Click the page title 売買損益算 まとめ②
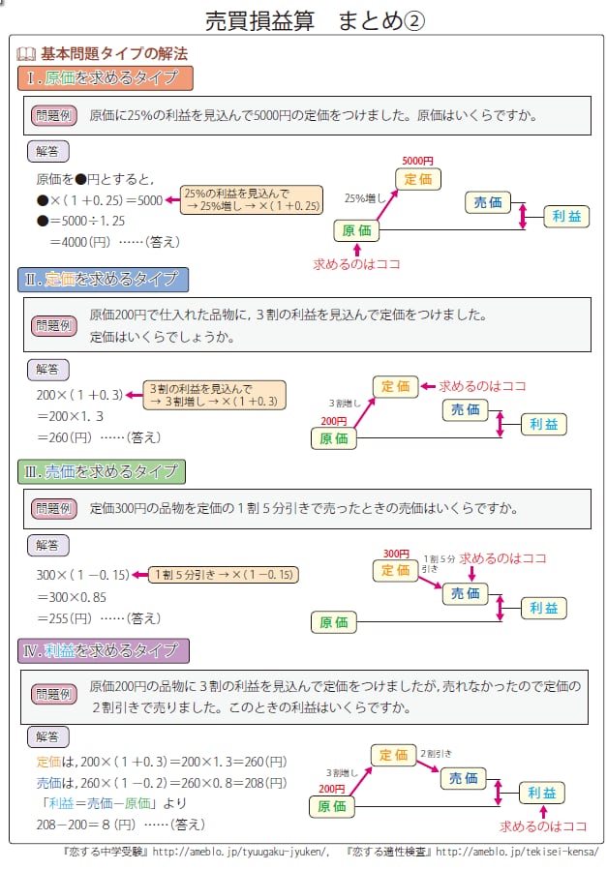pyautogui.click(x=316, y=20)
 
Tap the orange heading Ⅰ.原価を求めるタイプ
pyautogui.click(x=105, y=77)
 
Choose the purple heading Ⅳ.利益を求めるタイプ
pyautogui.click(x=105, y=650)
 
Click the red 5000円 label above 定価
pyautogui.click(x=417, y=160)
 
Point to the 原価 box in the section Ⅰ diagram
pyautogui.click(x=356, y=230)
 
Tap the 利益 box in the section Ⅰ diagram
pyautogui.click(x=565, y=217)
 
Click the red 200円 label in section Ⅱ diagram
pyautogui.click(x=333, y=421)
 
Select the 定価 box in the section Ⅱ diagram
pyautogui.click(x=395, y=386)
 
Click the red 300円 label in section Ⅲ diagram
pyautogui.click(x=396, y=554)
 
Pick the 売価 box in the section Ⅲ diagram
pyautogui.click(x=466, y=593)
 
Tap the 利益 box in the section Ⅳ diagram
pyautogui.click(x=542, y=793)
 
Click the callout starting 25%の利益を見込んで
pyautogui.click(x=251, y=199)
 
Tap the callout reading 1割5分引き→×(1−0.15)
pyautogui.click(x=224, y=575)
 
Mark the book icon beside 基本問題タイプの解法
pyautogui.click(x=26, y=53)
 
